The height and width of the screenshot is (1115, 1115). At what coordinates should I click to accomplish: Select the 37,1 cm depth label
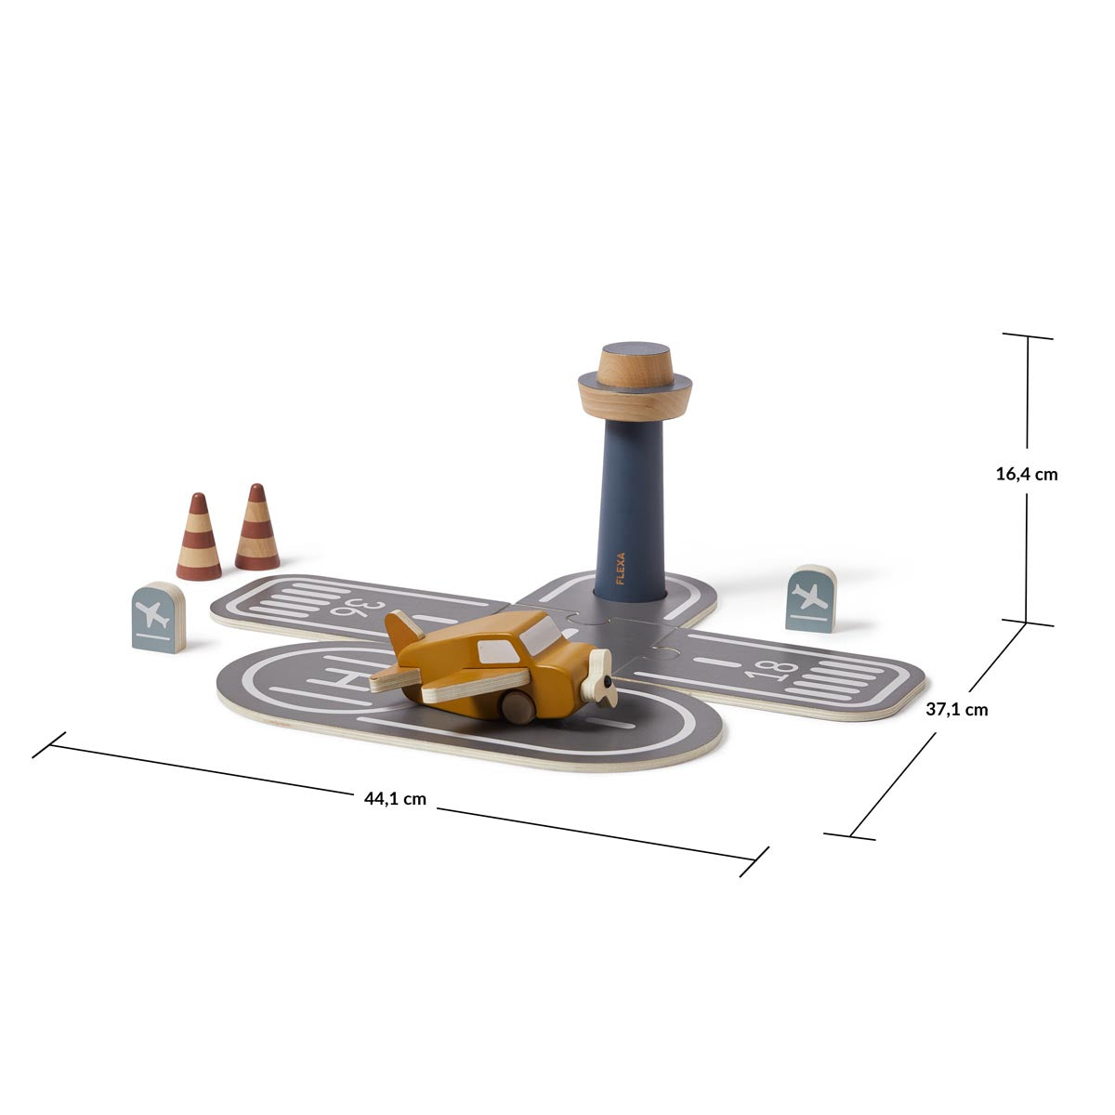[957, 709]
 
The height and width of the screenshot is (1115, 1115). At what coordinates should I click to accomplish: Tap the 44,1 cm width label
[395, 799]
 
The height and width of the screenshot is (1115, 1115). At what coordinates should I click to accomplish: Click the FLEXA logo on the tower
[621, 569]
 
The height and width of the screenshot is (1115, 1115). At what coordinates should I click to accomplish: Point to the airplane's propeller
[599, 678]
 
